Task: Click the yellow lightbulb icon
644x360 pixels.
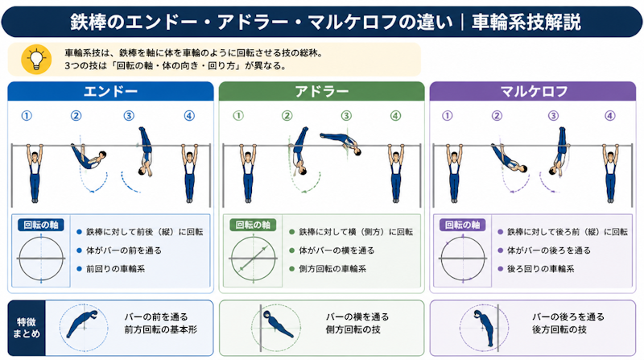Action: click(36, 60)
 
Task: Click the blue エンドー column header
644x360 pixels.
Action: click(110, 91)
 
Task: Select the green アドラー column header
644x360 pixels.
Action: click(321, 91)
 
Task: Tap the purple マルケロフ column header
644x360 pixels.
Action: click(533, 91)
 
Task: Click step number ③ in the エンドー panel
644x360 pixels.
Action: click(129, 116)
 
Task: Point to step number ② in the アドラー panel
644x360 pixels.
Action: click(287, 116)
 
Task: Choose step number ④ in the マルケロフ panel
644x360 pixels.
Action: click(610, 116)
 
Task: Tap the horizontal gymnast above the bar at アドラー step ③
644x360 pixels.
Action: click(341, 143)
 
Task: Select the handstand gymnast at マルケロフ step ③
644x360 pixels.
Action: click(559, 151)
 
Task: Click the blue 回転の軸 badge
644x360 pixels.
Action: click(41, 225)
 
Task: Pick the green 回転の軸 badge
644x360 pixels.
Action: click(253, 225)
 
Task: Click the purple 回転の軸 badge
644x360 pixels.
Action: click(463, 225)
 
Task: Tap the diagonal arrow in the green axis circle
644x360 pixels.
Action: click(254, 259)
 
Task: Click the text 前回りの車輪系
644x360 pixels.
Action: click(115, 269)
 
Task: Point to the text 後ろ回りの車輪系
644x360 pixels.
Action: click(540, 269)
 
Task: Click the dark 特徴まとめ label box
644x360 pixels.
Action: click(27, 328)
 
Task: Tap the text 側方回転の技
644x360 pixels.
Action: click(353, 329)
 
